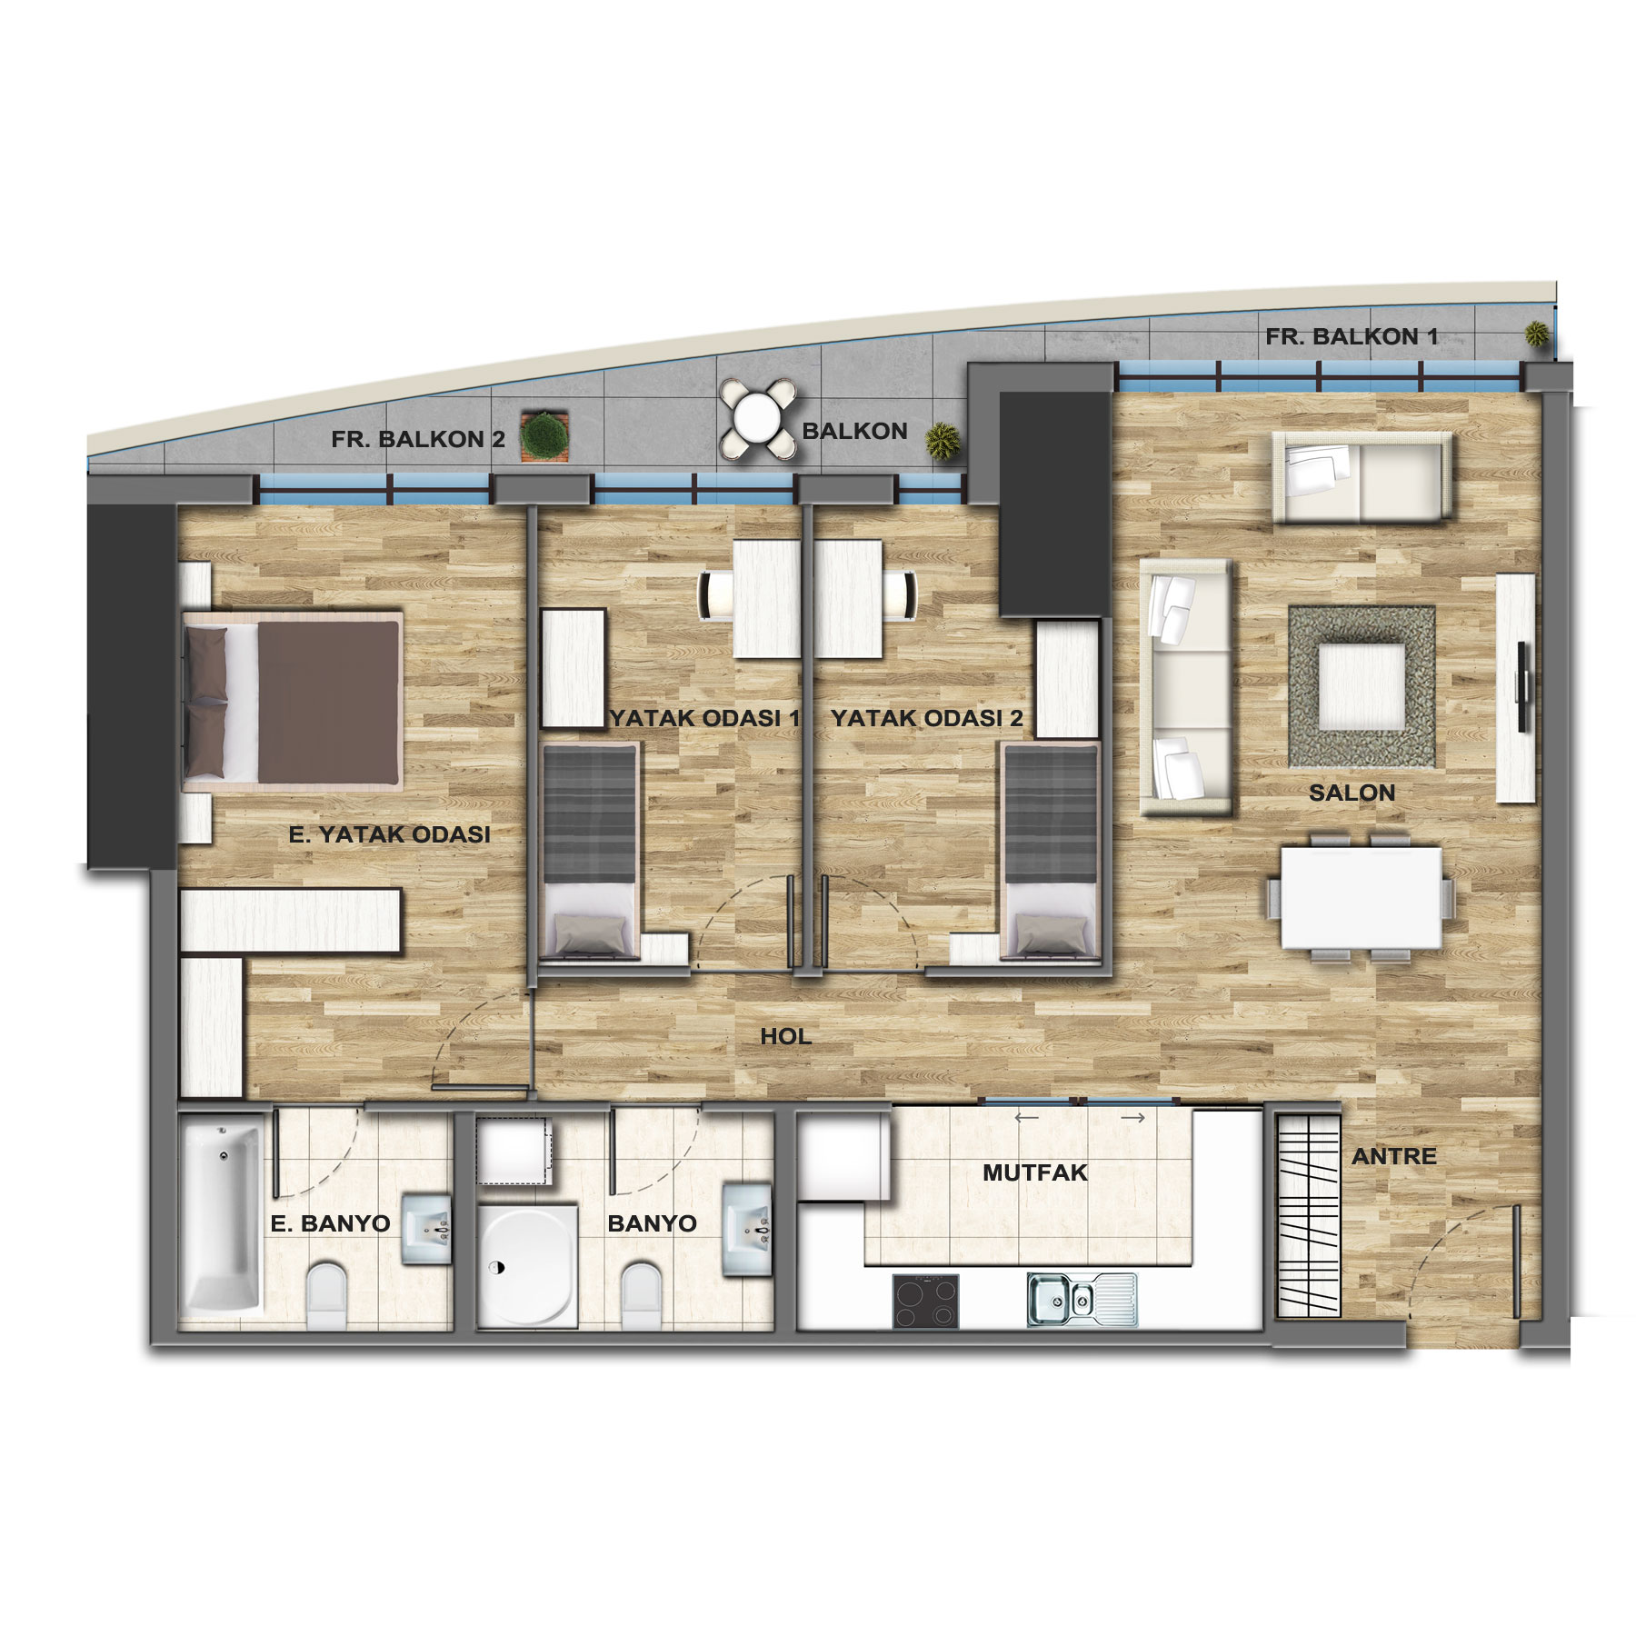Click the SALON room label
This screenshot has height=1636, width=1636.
pyautogui.click(x=1352, y=793)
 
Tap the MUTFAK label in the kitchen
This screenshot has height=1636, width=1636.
pyautogui.click(x=1035, y=1172)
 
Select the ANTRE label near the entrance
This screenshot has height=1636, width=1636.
pyautogui.click(x=1394, y=1156)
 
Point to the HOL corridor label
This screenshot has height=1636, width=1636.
pyautogui.click(x=786, y=1036)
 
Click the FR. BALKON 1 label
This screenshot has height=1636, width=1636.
pyautogui.click(x=1352, y=336)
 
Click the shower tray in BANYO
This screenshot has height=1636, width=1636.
pyautogui.click(x=527, y=1264)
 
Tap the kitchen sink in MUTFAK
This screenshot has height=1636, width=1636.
pyautogui.click(x=1082, y=1300)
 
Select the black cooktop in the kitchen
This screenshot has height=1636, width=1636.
pyautogui.click(x=926, y=1302)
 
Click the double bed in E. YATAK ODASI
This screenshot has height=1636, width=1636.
pyautogui.click(x=293, y=699)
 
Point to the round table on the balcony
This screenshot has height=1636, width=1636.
pyautogui.click(x=757, y=419)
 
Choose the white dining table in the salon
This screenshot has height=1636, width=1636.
pyautogui.click(x=1362, y=898)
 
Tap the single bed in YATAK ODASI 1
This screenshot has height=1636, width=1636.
pyautogui.click(x=589, y=851)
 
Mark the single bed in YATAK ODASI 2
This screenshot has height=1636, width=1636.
pyautogui.click(x=1051, y=851)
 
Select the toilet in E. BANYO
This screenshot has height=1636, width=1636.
pyautogui.click(x=327, y=1295)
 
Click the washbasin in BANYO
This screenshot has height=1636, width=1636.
pyautogui.click(x=748, y=1228)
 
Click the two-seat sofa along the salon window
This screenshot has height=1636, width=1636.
pyautogui.click(x=1362, y=477)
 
